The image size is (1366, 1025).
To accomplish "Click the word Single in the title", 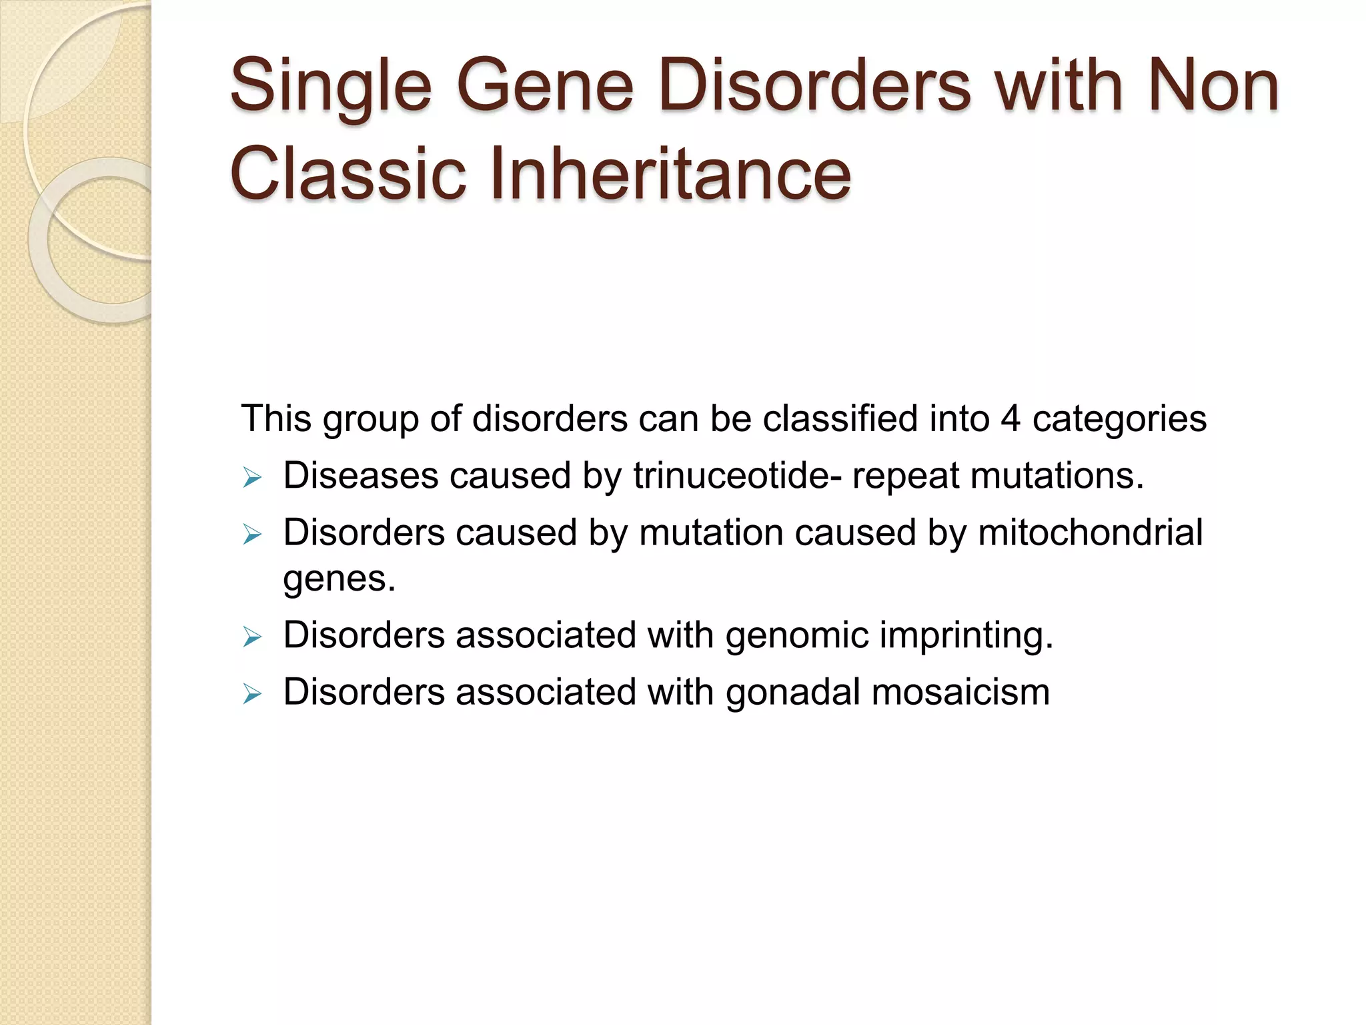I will coord(331,87).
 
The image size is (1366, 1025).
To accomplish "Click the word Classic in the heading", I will coord(347,175).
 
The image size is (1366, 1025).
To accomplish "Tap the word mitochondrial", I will coord(1090,533).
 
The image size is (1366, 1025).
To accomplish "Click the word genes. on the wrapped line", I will coord(339,579).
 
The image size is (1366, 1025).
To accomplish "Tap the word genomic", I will coord(797,636).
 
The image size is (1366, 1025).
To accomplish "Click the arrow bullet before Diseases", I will coord(252,478).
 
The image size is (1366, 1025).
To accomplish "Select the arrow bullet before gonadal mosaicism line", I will coord(252,694).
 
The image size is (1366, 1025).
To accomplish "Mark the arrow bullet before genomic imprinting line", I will coord(252,637).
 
